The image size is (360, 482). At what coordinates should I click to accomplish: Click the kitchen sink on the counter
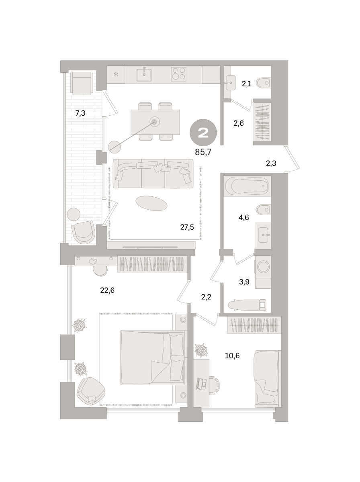[144, 75]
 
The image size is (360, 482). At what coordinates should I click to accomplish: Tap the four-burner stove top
[178, 74]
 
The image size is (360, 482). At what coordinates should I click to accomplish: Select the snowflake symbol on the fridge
[116, 74]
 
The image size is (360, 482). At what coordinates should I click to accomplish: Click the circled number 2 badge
[203, 133]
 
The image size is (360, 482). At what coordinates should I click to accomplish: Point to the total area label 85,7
[203, 152]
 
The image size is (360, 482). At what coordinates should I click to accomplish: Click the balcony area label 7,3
[80, 113]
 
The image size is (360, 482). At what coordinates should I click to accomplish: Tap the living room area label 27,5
[187, 227]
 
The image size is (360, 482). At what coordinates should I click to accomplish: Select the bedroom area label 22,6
[107, 290]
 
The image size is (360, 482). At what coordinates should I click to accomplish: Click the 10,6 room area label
[232, 355]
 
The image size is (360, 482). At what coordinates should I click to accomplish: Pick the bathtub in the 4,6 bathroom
[247, 186]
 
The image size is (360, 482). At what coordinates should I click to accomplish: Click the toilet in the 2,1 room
[264, 83]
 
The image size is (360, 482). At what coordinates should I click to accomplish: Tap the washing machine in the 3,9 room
[263, 267]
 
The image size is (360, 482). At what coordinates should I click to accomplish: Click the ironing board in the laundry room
[247, 305]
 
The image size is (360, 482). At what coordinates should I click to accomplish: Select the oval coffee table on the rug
[151, 203]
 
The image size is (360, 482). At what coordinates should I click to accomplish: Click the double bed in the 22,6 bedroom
[152, 357]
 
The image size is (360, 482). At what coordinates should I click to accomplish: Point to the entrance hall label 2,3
[271, 163]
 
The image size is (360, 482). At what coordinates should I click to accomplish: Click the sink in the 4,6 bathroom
[263, 235]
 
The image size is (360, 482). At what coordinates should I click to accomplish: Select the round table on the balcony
[74, 214]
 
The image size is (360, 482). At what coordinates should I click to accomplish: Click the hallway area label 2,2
[206, 297]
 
